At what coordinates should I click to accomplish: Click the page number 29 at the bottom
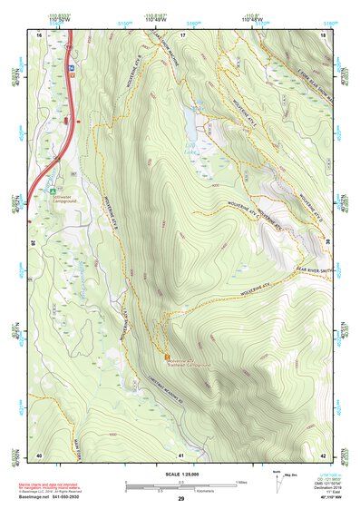pos(180,500)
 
